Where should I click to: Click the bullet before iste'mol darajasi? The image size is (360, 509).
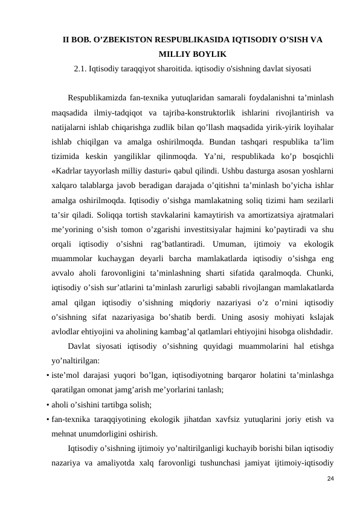coord(47,375)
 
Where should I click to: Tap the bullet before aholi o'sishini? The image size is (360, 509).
coord(47,405)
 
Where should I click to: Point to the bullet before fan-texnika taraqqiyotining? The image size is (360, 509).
coord(47,420)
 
